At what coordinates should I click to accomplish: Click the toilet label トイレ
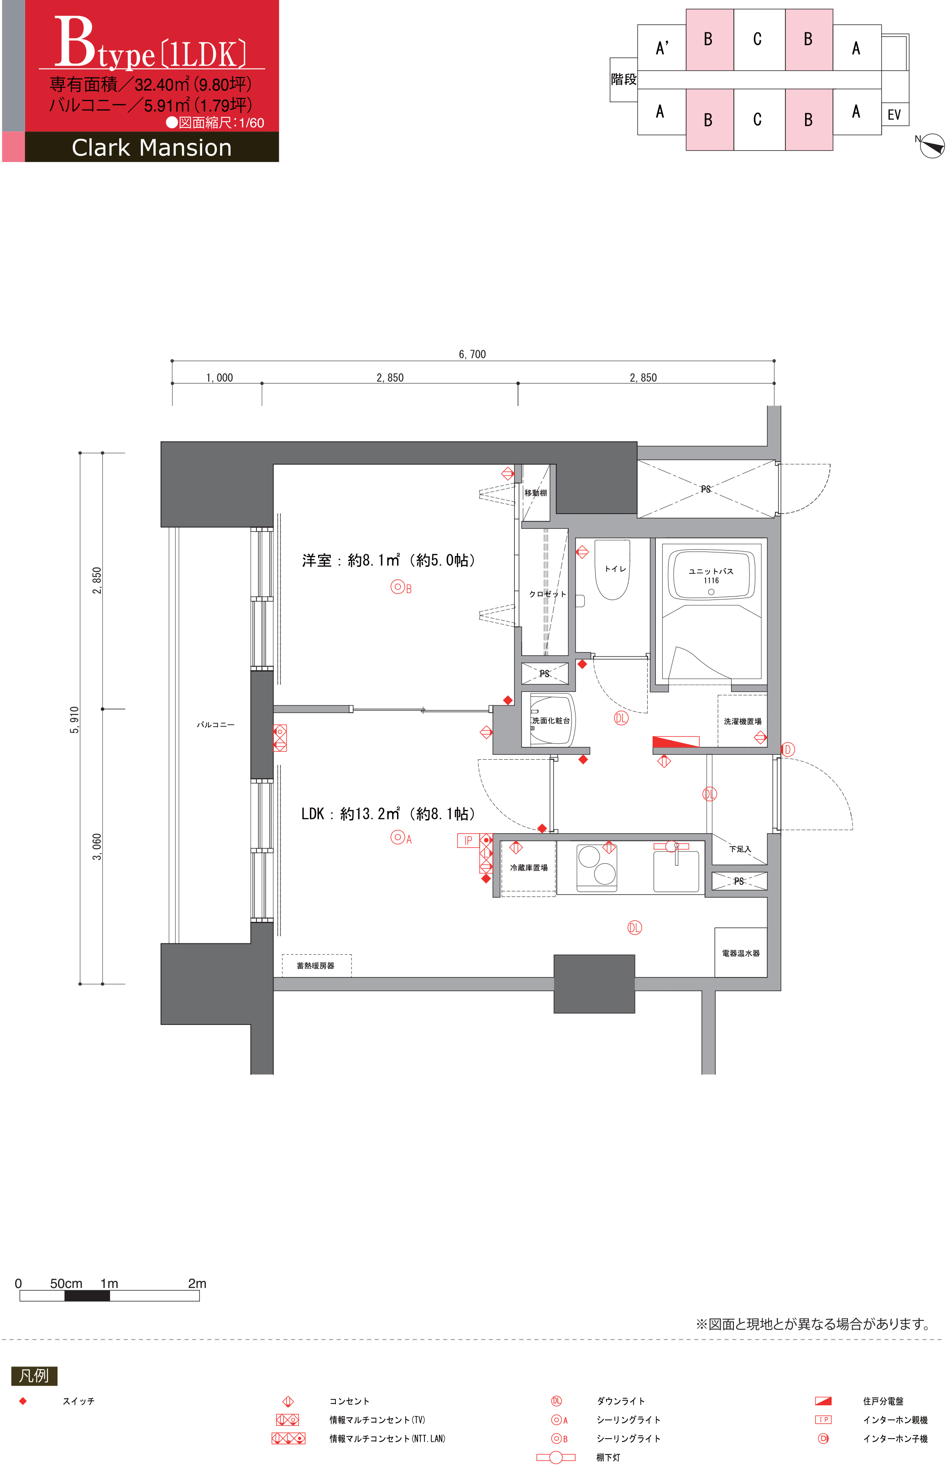pos(615,568)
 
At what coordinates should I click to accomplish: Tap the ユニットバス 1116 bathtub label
pos(711,575)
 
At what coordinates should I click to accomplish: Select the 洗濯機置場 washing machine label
pos(742,721)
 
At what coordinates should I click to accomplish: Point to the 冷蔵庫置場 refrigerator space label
pos(529,867)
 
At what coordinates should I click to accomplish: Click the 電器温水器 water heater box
pos(740,952)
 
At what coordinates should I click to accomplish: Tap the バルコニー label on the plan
pos(215,725)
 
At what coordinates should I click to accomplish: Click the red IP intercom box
pos(468,841)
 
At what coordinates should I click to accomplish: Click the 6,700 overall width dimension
pos(472,354)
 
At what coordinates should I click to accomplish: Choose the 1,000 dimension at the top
pos(220,378)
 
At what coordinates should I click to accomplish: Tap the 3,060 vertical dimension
pos(97,846)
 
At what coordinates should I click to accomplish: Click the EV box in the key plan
pos(895,114)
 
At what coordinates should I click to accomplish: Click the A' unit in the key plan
pos(662,47)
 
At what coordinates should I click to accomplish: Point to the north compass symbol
pos(931,146)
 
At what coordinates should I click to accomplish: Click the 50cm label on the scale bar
pos(66,1283)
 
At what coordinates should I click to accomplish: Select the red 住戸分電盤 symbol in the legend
pos(823,1401)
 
